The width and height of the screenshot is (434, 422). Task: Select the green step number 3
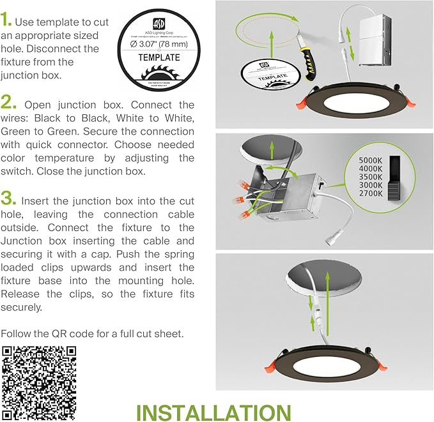point(9,197)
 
